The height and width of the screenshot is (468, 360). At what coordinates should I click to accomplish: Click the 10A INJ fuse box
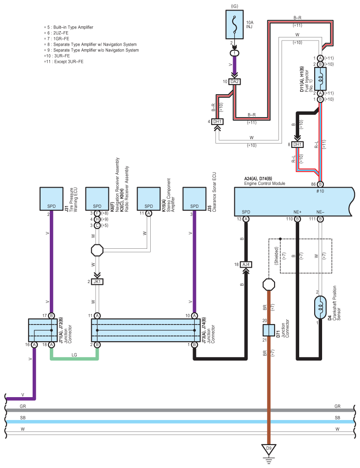234,25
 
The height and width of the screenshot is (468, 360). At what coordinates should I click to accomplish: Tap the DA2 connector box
234,81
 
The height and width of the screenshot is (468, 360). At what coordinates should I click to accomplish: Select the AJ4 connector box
246,265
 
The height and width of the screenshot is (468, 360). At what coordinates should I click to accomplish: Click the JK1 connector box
97,281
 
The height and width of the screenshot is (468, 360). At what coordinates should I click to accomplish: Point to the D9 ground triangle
269,449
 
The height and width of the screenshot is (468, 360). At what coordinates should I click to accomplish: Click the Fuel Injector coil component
320,79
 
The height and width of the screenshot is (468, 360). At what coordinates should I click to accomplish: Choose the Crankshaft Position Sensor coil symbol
320,307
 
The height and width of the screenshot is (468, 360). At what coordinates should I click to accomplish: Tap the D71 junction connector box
269,330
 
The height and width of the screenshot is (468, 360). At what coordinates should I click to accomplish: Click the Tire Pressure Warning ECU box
52,199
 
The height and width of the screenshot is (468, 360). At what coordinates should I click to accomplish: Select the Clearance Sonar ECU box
194,199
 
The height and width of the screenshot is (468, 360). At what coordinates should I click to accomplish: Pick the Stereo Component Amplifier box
148,199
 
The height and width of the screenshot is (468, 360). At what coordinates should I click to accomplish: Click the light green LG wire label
74,355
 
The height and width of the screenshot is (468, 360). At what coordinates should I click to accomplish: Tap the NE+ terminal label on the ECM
297,212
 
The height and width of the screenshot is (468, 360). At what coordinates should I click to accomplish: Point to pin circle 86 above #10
320,184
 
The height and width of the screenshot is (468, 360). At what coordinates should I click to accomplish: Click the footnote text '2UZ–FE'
61,33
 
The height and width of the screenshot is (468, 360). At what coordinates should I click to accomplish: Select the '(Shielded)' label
276,255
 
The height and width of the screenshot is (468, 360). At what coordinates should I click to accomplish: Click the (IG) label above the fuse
234,6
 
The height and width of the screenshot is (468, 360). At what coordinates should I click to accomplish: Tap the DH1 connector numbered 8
297,144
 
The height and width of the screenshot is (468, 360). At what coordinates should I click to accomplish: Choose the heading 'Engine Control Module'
265,183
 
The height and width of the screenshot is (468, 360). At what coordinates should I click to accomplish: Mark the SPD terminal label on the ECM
246,212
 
